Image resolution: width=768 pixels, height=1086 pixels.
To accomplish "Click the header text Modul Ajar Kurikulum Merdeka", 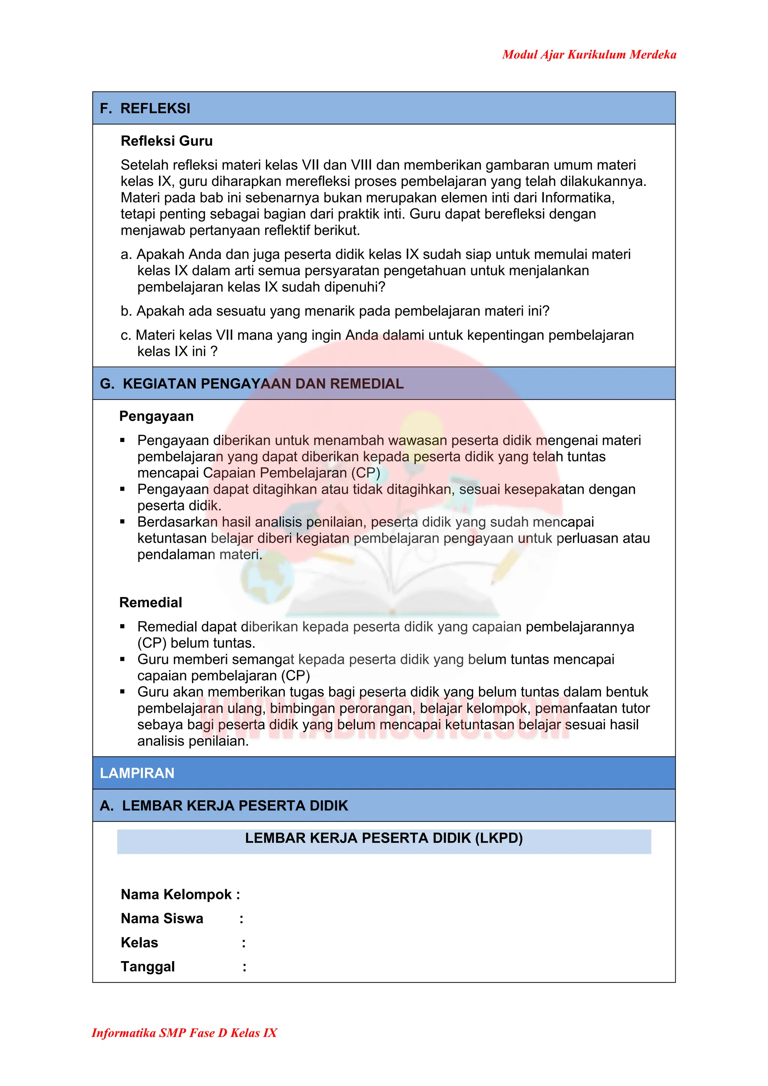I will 589,54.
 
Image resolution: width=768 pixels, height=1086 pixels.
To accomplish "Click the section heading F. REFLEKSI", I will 145,108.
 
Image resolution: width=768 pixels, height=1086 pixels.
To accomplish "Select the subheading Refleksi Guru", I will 166,141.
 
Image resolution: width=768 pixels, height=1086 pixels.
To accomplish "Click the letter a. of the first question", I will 126,255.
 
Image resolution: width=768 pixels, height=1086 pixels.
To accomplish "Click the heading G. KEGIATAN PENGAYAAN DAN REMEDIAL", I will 252,383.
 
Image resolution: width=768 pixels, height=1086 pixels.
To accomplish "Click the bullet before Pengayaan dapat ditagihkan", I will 123,489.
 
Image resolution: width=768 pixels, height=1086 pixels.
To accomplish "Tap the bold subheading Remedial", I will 150,602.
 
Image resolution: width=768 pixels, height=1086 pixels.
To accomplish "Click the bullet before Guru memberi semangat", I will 123,659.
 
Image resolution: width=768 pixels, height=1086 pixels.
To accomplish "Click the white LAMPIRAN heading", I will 137,773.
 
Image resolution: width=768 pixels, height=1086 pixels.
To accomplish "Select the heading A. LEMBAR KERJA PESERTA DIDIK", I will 224,806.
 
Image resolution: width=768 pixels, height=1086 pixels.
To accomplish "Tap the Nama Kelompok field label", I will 176,894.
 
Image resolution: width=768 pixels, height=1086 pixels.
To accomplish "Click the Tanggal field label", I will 148,966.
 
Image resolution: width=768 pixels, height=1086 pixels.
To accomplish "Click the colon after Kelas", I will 244,943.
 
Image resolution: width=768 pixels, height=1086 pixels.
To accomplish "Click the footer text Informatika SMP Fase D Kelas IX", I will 184,1032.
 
